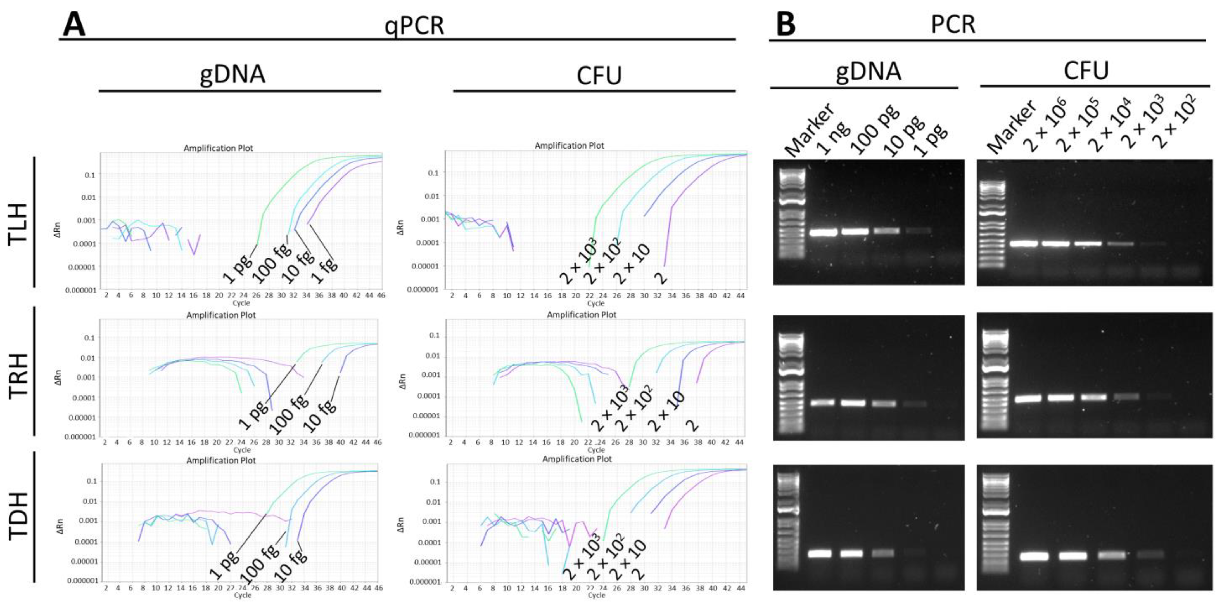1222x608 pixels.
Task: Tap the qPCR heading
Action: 414,25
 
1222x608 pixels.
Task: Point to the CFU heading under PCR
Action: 1086,71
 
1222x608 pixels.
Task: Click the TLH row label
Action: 19,223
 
